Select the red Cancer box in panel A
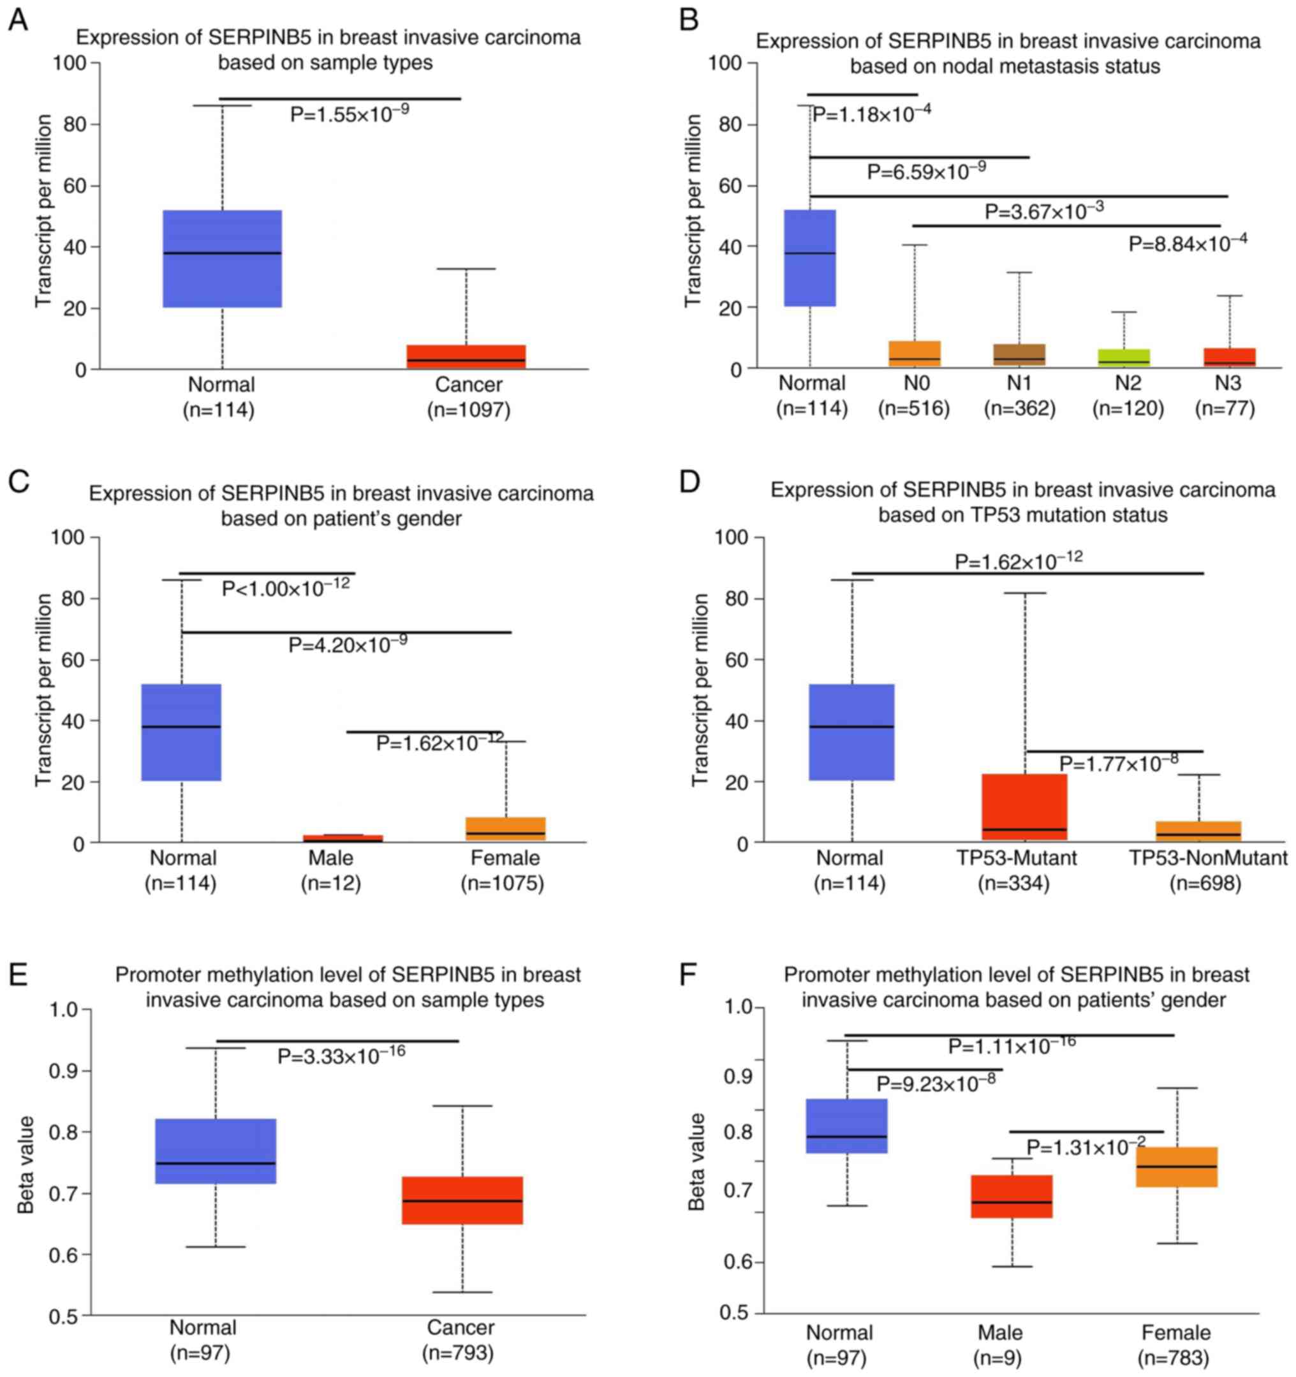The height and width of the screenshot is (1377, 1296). pos(466,356)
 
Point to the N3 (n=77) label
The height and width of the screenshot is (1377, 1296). pos(1225,395)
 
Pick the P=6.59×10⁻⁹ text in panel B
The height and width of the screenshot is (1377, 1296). pos(926,170)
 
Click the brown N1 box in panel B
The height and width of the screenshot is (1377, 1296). pos(1019,355)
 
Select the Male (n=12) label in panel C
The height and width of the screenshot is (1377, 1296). pos(331,870)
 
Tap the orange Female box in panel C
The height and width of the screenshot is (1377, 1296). pos(506,828)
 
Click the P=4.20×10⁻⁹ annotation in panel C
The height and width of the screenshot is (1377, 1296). pos(348,644)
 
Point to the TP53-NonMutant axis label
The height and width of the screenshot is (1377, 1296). pos(1208,858)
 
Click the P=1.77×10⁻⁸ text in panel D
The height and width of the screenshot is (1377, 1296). pos(1119,763)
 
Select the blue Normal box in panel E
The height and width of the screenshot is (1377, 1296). pos(216,1151)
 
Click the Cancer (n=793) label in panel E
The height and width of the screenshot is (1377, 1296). pos(460,1340)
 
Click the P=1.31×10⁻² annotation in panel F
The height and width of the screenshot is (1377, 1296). pos(1086,1147)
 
